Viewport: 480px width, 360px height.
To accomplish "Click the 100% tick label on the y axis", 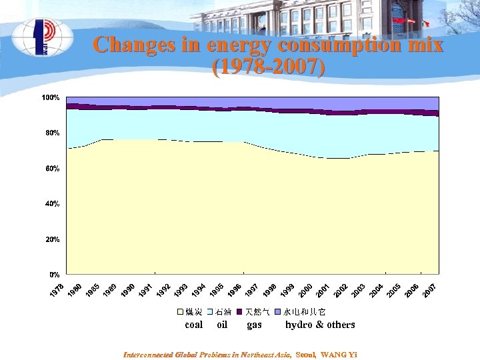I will click(51, 98).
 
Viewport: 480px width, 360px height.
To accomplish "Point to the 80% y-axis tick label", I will click(52, 133).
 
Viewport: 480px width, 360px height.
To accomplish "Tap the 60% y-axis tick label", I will click(52, 169).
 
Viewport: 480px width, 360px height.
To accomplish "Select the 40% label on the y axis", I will click(52, 203).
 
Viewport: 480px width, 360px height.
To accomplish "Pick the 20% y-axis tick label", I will click(52, 239).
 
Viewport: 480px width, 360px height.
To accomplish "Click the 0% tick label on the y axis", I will click(53, 274).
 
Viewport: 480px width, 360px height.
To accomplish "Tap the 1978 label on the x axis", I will click(57, 291).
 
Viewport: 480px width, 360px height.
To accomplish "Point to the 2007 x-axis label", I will click(429, 291).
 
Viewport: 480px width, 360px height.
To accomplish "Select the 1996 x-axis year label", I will click(234, 291).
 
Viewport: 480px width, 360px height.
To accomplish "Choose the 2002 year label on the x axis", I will click(341, 291).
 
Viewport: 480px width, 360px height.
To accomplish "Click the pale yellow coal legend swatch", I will click(179, 312).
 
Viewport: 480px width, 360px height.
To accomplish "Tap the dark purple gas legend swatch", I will click(239, 312).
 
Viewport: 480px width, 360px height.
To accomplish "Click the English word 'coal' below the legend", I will click(193, 325).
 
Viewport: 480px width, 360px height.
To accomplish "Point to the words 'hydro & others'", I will click(320, 325).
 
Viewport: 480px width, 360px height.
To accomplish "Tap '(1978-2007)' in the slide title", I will click(268, 67).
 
